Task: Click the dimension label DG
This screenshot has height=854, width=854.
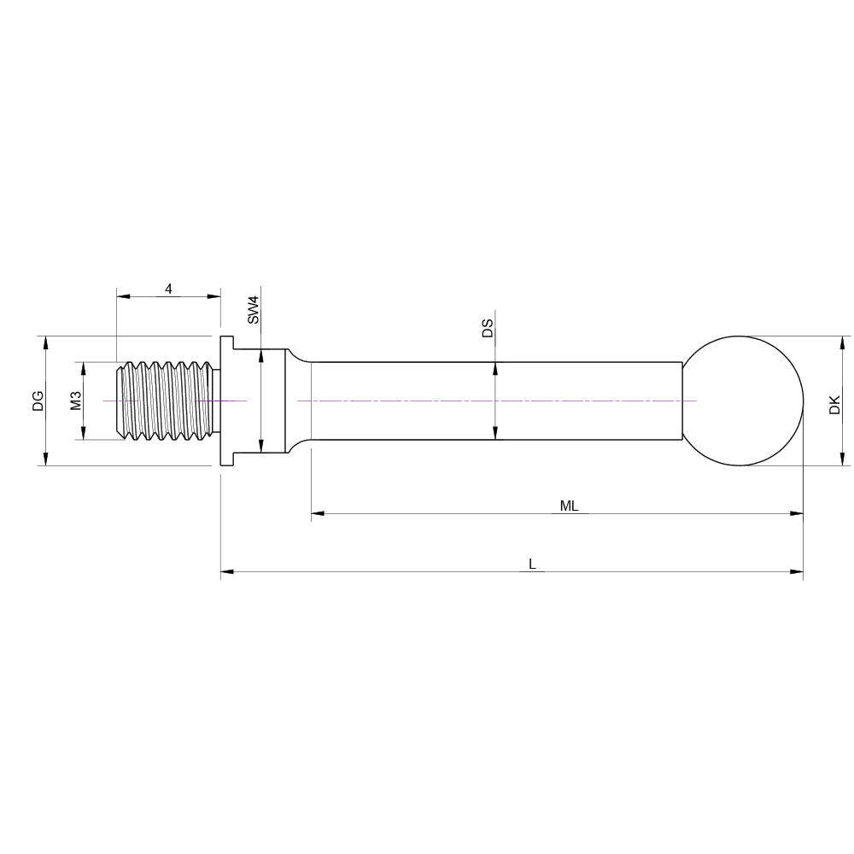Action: pyautogui.click(x=38, y=401)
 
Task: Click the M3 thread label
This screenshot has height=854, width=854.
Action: pyautogui.click(x=76, y=401)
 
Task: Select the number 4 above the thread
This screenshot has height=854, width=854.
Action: pyautogui.click(x=168, y=289)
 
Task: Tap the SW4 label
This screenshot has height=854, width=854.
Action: pyautogui.click(x=253, y=310)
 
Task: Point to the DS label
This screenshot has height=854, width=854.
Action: pyautogui.click(x=488, y=328)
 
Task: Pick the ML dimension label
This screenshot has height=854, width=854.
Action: pyautogui.click(x=569, y=506)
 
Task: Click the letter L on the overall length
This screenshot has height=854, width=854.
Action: pyautogui.click(x=532, y=564)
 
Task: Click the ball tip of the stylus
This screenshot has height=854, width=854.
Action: pyautogui.click(x=743, y=401)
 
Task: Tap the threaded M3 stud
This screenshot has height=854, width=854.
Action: pyautogui.click(x=167, y=401)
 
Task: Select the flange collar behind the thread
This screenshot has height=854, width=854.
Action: pyautogui.click(x=226, y=401)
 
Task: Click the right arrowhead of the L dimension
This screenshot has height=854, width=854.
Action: pyautogui.click(x=797, y=571)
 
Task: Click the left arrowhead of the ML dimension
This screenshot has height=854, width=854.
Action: pyautogui.click(x=318, y=513)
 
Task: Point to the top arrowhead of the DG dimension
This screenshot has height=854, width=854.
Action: pyautogui.click(x=45, y=342)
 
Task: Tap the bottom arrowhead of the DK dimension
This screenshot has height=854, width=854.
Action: pyautogui.click(x=842, y=459)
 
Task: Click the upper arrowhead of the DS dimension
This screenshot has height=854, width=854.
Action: pyautogui.click(x=495, y=369)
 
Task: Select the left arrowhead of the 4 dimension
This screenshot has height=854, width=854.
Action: pyautogui.click(x=123, y=296)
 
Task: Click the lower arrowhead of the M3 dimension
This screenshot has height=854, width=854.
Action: pyautogui.click(x=83, y=433)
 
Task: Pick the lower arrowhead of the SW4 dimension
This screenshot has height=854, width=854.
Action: pyautogui.click(x=261, y=446)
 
